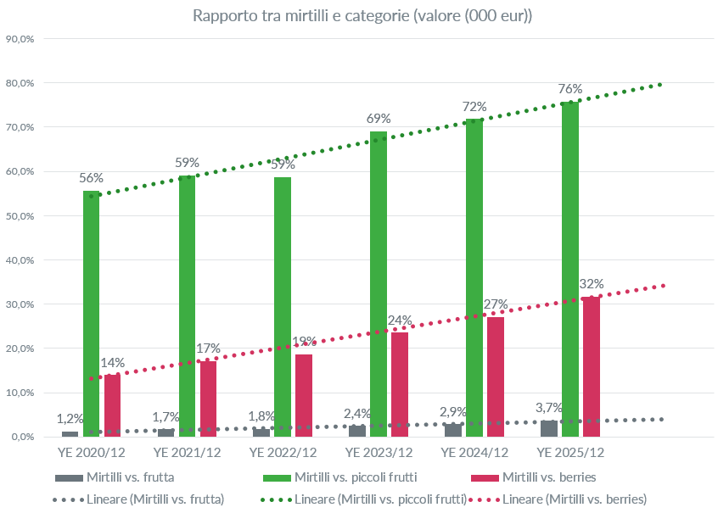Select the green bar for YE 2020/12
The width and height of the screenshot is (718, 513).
92,314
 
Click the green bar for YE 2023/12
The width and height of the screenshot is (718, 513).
379,284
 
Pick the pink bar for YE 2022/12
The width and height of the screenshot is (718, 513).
304,395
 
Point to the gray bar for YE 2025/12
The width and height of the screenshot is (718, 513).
549,428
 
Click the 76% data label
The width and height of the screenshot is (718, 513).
570,89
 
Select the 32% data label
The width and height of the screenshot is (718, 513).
591,283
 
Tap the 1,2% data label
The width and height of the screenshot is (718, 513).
70,418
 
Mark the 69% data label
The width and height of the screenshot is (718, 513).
379,119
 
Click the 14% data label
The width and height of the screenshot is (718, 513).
112,362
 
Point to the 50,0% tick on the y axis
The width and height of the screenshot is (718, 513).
20,216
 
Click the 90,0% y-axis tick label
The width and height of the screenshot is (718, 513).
20,39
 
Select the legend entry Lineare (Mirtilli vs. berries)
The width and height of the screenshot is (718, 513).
575,499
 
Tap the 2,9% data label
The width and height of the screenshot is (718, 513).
453,411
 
